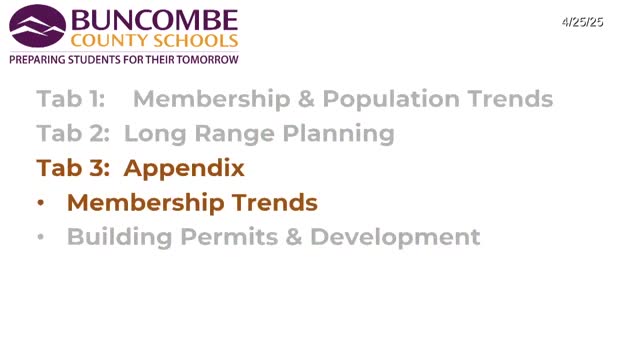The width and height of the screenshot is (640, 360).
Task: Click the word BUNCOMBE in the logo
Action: [x=153, y=20]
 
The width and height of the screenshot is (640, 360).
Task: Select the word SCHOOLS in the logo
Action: [x=195, y=41]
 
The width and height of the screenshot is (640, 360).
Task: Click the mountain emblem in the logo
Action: [x=36, y=28]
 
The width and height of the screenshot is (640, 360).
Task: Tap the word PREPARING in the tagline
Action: [x=37, y=60]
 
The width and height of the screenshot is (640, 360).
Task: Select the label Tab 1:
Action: [x=71, y=99]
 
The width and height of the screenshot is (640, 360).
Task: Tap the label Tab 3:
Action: [x=73, y=168]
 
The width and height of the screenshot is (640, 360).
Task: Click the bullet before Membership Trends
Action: [x=40, y=203]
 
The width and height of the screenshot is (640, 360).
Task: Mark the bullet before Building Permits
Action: [x=40, y=238]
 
